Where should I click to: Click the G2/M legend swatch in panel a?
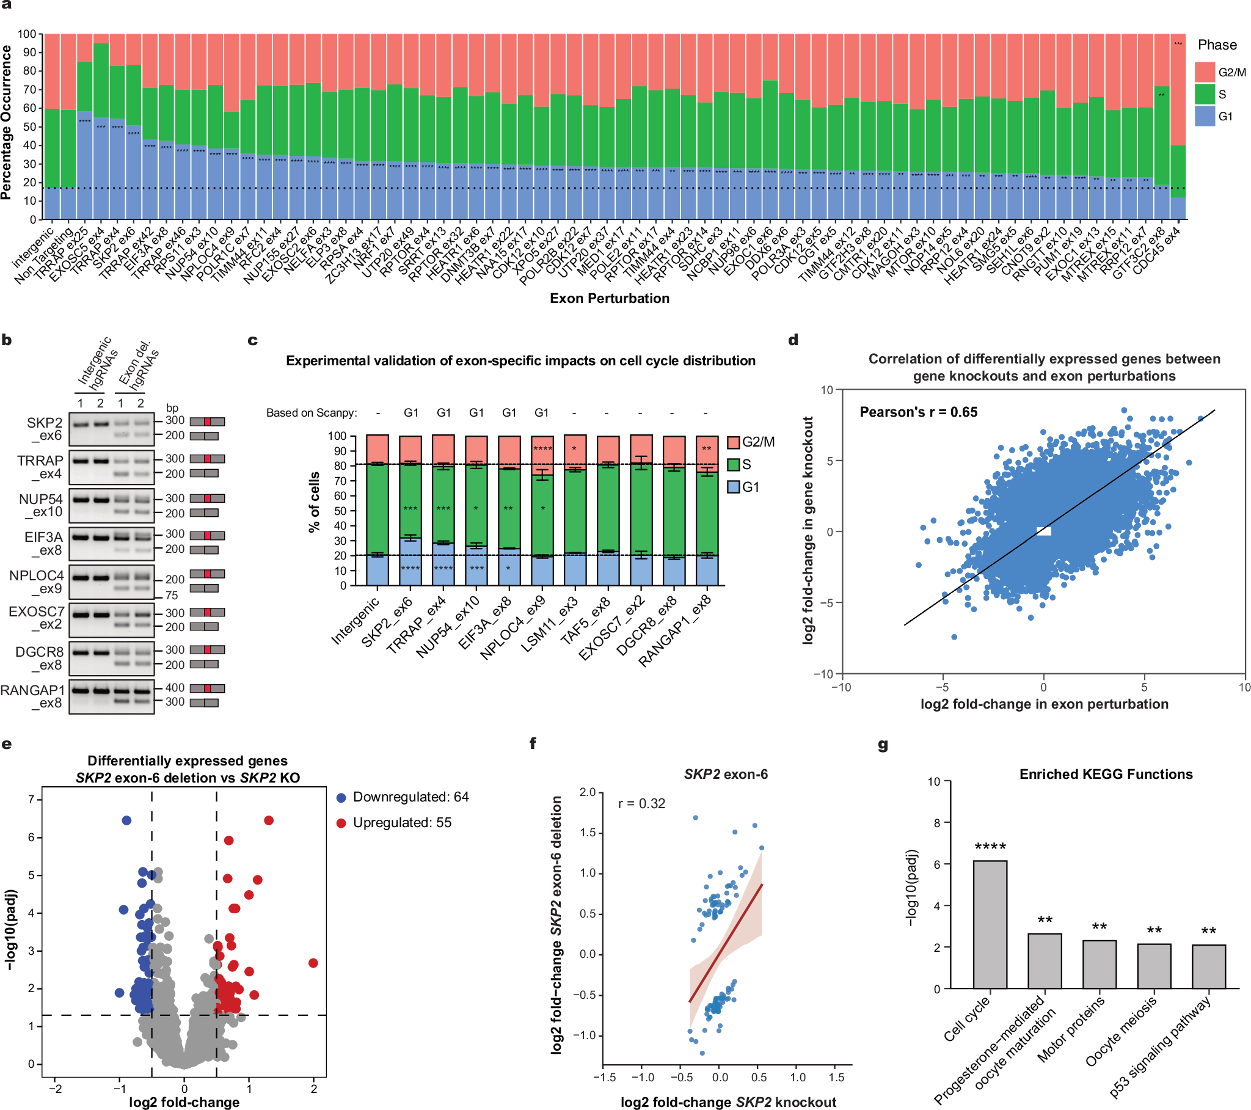(1204, 71)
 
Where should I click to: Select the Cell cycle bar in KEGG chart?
(989, 924)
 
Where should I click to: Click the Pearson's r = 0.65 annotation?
(918, 412)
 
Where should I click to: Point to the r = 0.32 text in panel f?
(641, 803)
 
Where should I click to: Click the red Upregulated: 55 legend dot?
(341, 823)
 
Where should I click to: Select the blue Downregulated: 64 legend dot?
(341, 798)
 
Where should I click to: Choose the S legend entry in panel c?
(740, 465)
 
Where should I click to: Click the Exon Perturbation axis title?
(609, 298)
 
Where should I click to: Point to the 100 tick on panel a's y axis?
(26, 34)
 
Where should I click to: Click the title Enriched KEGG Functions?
(1106, 775)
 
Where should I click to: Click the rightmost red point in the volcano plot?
(313, 963)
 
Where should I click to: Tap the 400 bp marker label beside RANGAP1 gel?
(175, 687)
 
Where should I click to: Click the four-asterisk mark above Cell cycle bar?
(990, 847)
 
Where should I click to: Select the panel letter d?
(793, 340)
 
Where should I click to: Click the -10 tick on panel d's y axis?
(823, 674)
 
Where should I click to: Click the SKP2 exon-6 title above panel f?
(725, 775)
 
